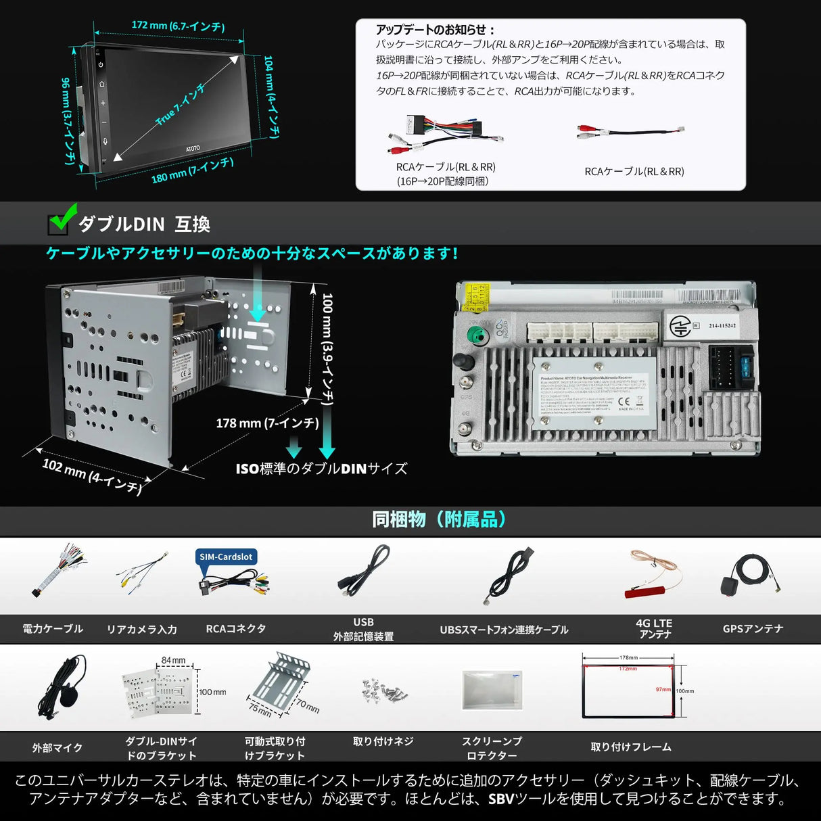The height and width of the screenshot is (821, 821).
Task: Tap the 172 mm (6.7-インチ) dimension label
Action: [x=178, y=26]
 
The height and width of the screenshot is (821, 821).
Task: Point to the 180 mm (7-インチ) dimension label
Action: [x=192, y=170]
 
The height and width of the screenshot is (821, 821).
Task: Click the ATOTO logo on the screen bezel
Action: [x=193, y=148]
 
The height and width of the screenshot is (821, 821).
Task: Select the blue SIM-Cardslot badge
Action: [x=226, y=557]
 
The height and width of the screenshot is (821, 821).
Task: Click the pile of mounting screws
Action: [x=384, y=690]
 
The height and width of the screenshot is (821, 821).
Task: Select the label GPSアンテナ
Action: [x=753, y=629]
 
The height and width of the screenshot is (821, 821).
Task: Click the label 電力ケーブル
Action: [x=53, y=629]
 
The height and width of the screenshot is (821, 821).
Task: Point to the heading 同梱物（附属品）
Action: [x=439, y=519]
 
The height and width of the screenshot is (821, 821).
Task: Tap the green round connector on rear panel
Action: [x=478, y=335]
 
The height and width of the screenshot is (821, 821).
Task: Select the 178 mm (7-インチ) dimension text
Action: [x=267, y=423]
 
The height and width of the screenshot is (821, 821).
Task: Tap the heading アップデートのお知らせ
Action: [x=436, y=30]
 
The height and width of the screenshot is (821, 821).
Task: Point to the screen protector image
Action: [x=492, y=690]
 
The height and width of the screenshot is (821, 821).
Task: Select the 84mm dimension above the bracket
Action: [x=173, y=660]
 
